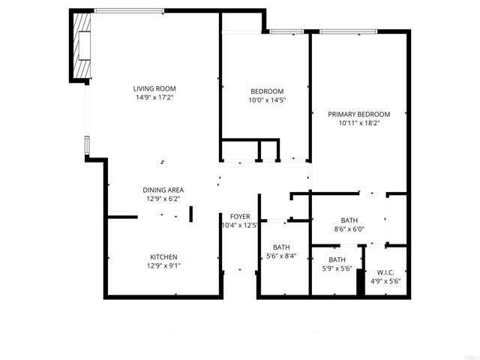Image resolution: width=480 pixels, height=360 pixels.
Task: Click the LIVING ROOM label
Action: tap(155, 88)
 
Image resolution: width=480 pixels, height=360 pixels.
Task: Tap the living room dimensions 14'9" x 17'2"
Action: tap(155, 97)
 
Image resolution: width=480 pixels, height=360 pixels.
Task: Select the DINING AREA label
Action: tap(163, 190)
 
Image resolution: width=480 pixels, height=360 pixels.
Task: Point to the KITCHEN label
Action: tap(163, 257)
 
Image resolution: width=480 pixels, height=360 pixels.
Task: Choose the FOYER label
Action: tap(240, 217)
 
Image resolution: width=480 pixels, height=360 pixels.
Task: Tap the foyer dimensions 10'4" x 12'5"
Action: tap(239, 226)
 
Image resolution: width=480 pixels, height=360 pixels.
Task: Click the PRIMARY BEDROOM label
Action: tap(359, 114)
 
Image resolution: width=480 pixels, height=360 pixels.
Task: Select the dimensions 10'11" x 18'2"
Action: tap(359, 123)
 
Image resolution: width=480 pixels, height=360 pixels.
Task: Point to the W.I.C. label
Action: tap(385, 272)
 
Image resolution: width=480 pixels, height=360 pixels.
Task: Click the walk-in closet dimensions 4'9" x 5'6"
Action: tap(385, 282)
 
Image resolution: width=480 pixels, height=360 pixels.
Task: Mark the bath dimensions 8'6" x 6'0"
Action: tap(349, 229)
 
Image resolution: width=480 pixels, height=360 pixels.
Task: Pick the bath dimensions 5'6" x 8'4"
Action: tap(281, 256)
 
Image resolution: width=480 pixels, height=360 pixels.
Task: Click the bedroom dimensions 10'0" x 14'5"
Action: tap(267, 100)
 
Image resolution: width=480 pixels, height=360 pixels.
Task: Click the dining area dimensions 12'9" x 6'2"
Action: tap(163, 199)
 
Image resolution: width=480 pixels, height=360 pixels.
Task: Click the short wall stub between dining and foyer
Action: tap(190, 214)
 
